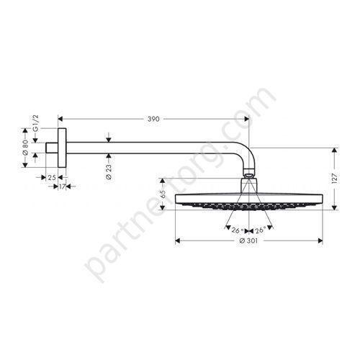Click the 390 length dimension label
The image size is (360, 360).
[x=153, y=119]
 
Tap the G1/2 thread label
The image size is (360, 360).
[x=35, y=123]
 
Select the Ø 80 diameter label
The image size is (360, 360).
[x=25, y=148]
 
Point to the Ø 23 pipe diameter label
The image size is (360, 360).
[x=109, y=171]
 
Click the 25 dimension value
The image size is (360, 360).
[x=52, y=178]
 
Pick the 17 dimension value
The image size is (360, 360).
[x=62, y=186]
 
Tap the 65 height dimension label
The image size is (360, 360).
[x=163, y=194]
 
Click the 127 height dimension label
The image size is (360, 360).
[x=335, y=179]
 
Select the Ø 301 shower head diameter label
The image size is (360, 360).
[x=248, y=240]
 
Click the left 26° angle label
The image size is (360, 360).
[x=238, y=230]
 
